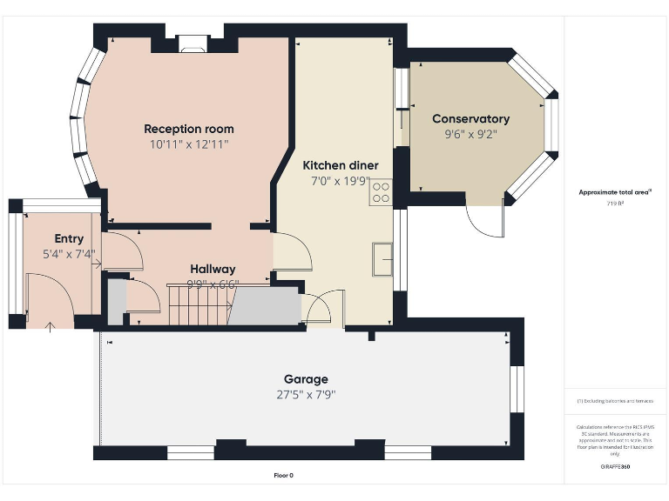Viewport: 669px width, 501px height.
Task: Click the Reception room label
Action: pos(188,129)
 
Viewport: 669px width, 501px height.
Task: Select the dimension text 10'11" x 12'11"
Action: pos(188,144)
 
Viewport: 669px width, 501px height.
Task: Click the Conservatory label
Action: pos(470,119)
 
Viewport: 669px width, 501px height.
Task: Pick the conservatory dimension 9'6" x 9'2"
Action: pos(470,135)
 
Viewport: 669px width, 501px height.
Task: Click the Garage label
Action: pos(306,379)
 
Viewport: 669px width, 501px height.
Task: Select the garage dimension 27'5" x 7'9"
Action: pos(306,394)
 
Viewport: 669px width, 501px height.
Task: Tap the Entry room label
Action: pos(69,239)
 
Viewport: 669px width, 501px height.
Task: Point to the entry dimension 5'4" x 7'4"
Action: pos(69,255)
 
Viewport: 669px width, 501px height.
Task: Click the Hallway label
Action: pos(213,270)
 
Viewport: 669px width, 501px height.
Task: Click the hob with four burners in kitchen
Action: pos(382,192)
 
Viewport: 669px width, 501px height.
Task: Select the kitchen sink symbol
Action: pos(382,259)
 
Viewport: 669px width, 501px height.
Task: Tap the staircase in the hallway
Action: pos(200,304)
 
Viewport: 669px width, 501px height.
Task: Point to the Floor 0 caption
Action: pos(284,476)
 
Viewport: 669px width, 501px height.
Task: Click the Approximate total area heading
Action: pos(615,192)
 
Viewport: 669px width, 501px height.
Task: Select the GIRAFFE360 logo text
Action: pos(615,467)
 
